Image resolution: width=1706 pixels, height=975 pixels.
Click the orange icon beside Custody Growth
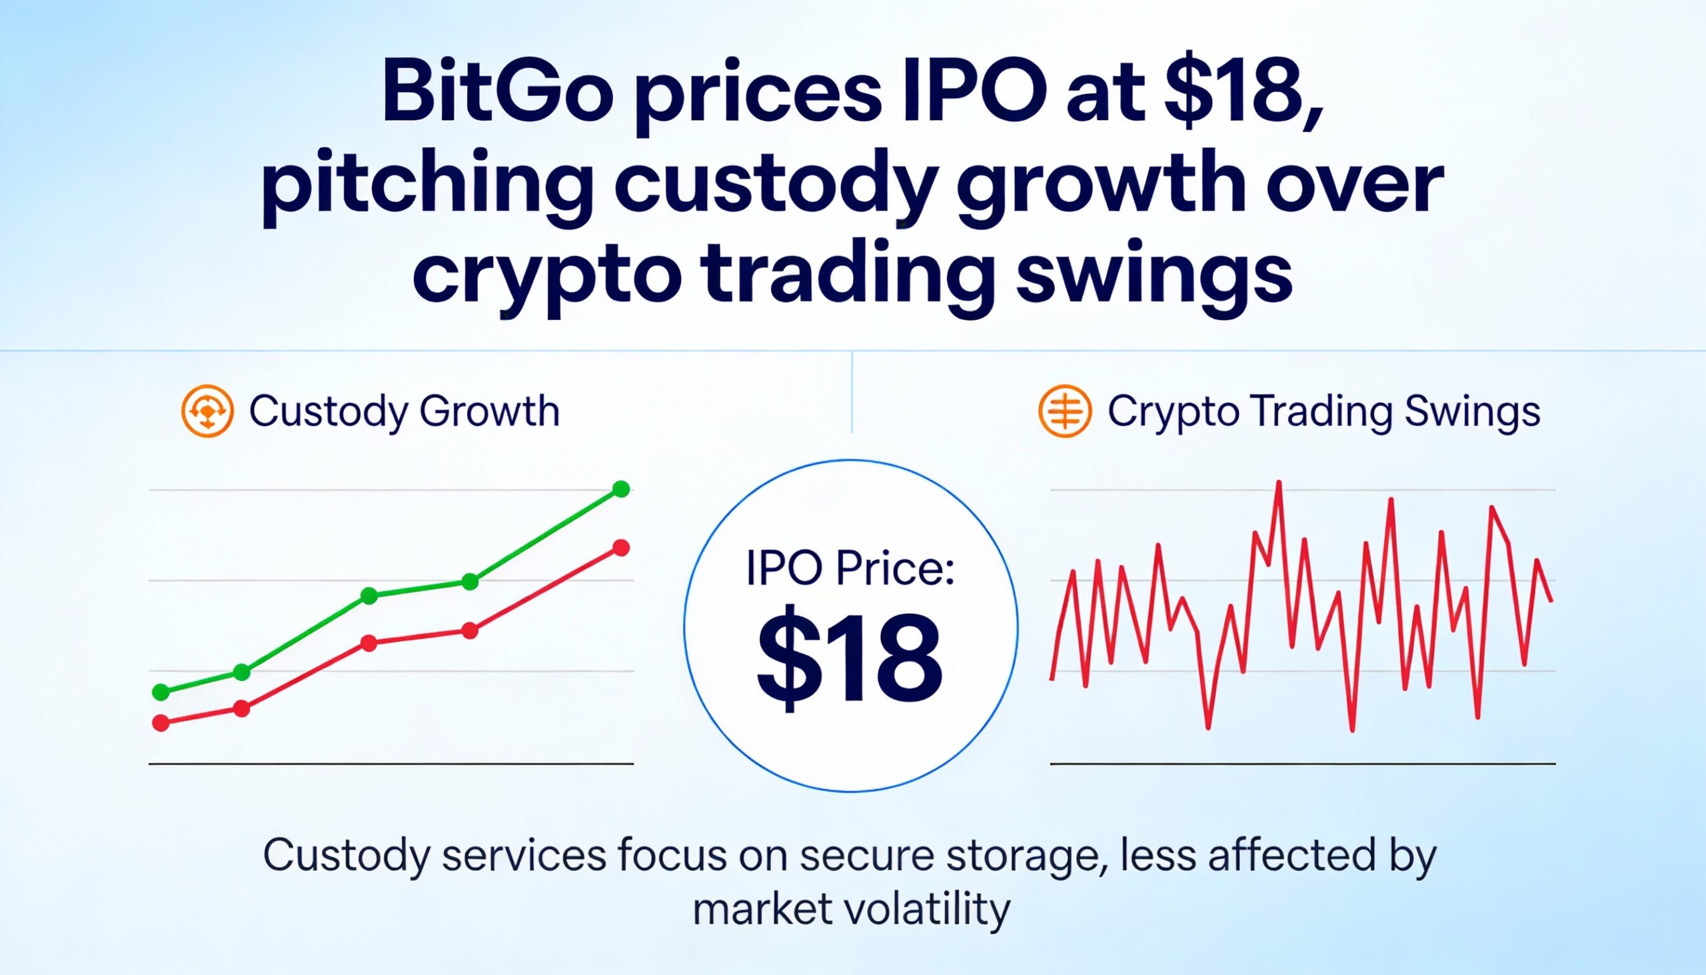coord(207,411)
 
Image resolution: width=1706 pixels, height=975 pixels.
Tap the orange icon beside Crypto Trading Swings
coord(1064,411)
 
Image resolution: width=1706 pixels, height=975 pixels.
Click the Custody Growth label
coord(404,411)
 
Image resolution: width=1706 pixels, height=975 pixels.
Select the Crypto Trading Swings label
coord(1323,411)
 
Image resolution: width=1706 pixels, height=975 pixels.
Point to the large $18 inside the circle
coord(850,662)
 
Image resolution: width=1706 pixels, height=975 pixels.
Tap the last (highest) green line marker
coord(621,489)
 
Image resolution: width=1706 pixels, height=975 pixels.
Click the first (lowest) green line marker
coord(161,692)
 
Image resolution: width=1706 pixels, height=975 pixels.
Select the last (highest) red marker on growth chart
coord(621,548)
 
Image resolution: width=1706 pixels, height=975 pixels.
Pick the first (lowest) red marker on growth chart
coord(161,722)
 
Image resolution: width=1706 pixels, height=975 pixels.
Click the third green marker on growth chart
coord(369,595)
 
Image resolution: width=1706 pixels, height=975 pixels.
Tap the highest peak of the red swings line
coord(1279,483)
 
